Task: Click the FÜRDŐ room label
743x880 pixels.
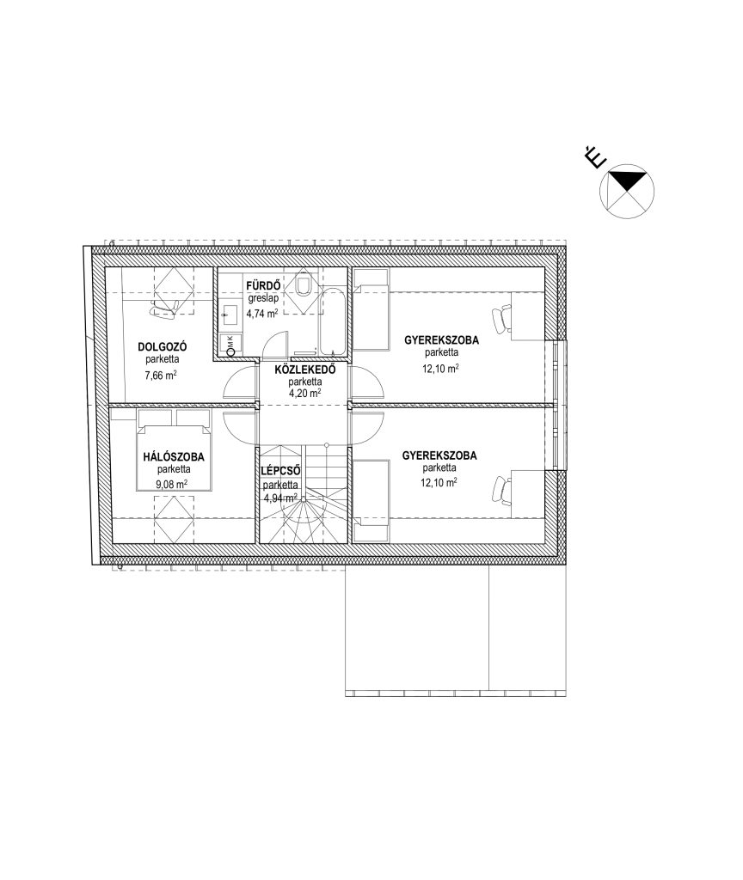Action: click(263, 286)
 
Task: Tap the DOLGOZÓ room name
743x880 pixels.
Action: click(163, 347)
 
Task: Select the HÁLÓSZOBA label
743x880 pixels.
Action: click(174, 457)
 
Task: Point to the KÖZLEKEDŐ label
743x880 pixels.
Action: click(305, 370)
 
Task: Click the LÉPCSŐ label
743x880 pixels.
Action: click(280, 472)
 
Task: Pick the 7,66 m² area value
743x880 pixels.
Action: click(161, 376)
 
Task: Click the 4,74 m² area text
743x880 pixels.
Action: click(261, 314)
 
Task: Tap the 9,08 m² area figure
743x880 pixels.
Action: click(173, 484)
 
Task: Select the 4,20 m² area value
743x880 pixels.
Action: click(305, 394)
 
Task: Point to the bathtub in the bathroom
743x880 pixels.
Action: click(334, 321)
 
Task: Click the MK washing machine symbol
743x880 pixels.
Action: click(230, 345)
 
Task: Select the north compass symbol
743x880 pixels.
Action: click(627, 192)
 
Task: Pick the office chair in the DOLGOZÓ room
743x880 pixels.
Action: click(163, 307)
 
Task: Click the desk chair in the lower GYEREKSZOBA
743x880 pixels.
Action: click(501, 488)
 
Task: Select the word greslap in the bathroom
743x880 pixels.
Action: click(263, 299)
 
